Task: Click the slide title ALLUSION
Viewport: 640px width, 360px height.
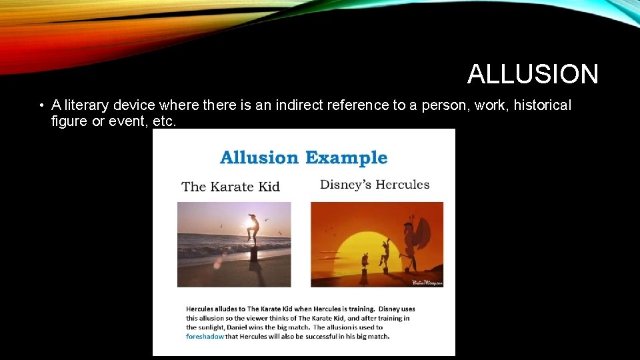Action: pos(532,74)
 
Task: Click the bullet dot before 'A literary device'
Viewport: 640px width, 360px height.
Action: pos(41,106)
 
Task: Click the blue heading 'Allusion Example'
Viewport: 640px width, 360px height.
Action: pos(303,158)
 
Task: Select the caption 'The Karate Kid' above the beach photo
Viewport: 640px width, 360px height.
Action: pos(231,187)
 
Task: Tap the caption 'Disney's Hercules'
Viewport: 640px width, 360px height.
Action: pos(375,185)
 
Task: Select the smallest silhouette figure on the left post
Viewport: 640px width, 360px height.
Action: pos(364,260)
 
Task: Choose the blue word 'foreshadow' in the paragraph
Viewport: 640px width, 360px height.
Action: pos(204,337)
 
